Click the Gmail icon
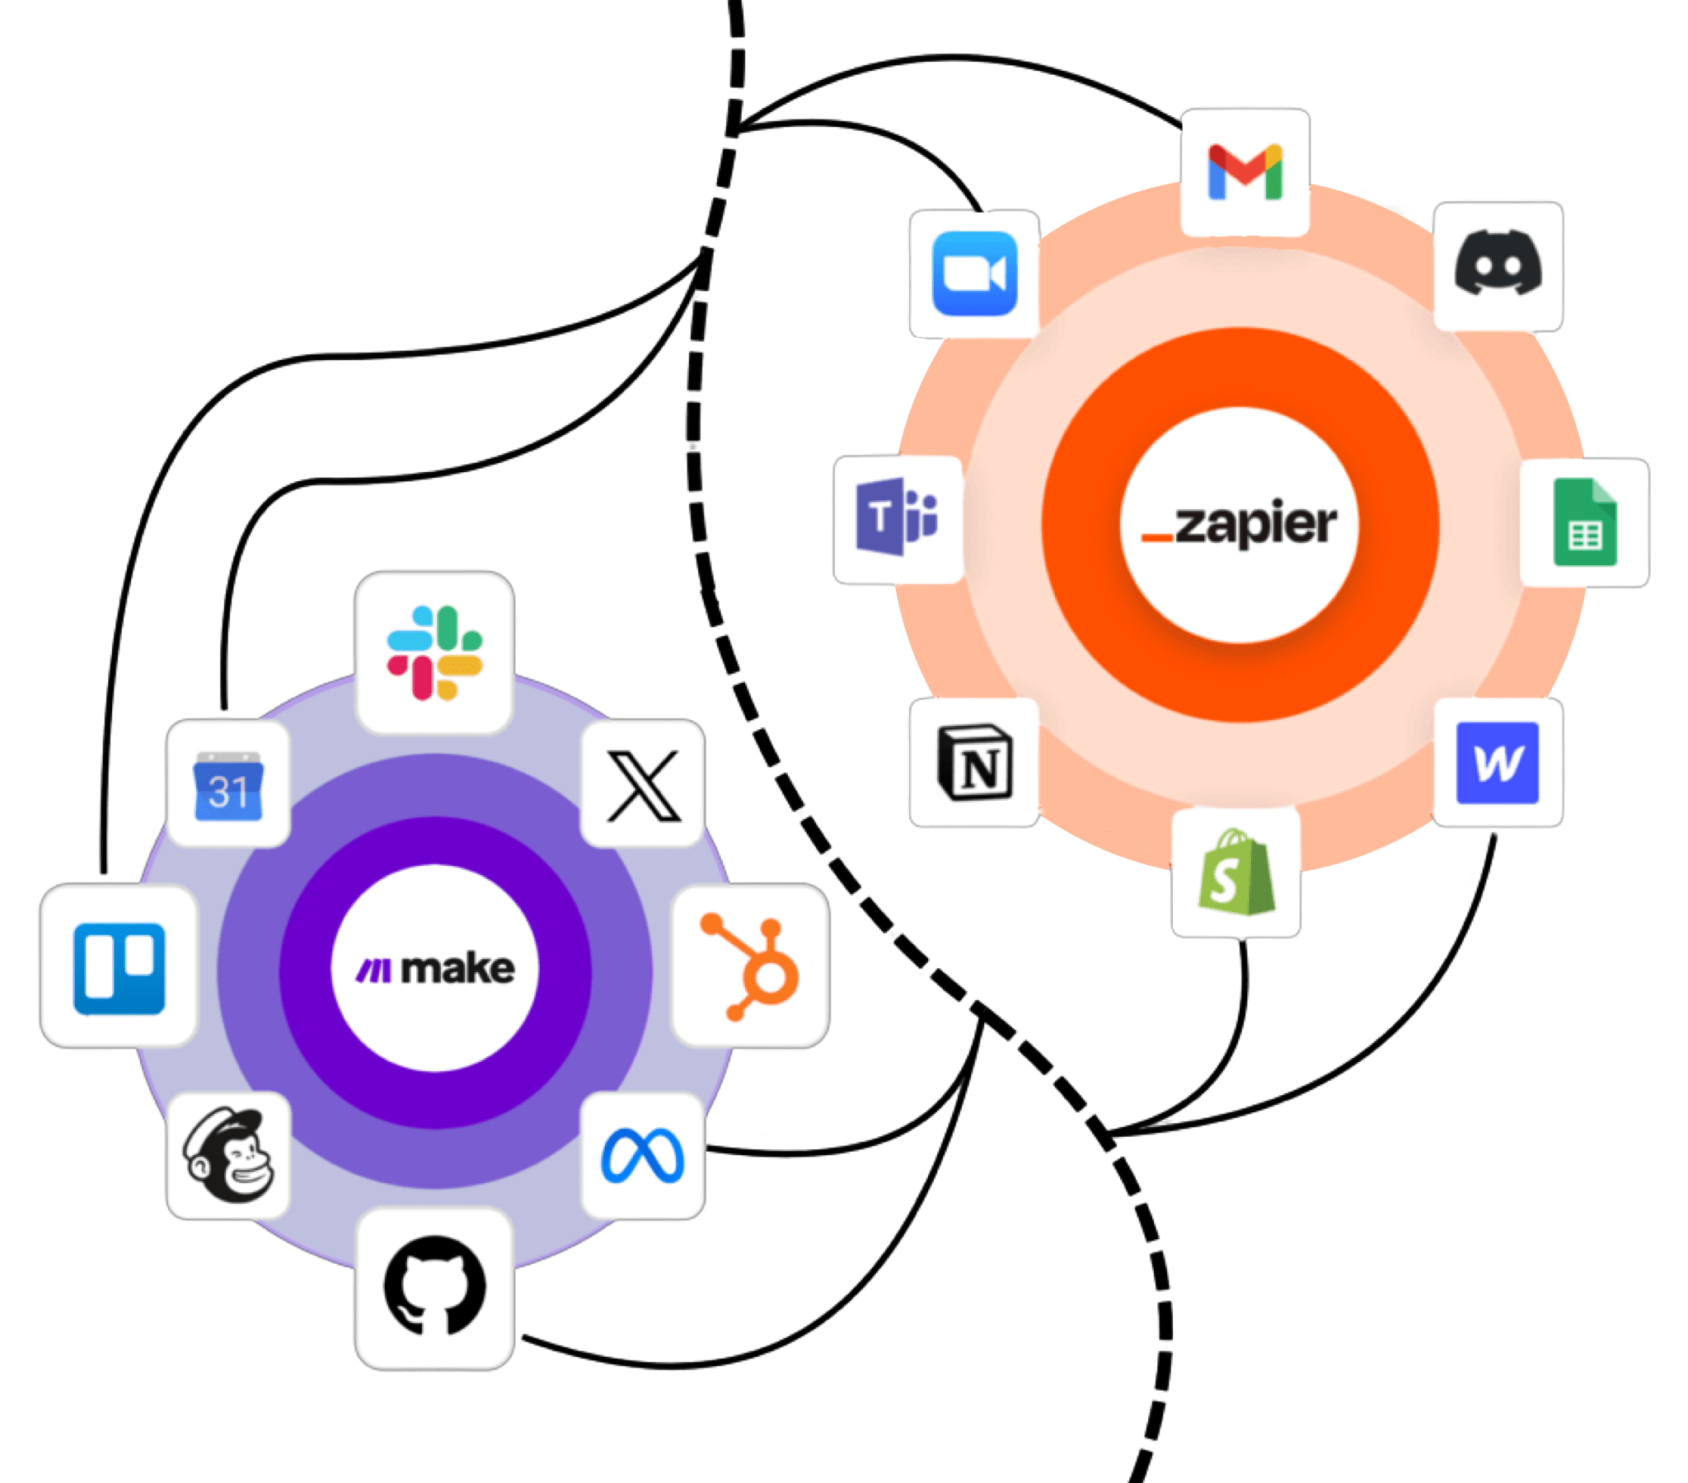coord(1245,172)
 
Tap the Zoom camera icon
coord(973,274)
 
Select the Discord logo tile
coord(1498,266)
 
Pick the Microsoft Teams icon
coord(898,519)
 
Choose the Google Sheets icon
coord(1584,523)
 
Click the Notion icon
coord(974,763)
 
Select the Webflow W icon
coord(1498,763)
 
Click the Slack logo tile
coord(434,653)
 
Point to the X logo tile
coord(644,785)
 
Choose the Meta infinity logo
coord(644,1155)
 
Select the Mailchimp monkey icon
coord(229,1155)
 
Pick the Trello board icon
coord(119,968)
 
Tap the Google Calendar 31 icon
coord(229,785)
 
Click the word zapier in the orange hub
coord(1256,524)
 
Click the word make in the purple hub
coord(457,969)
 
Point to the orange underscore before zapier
coord(1156,538)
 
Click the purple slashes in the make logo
coord(373,971)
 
